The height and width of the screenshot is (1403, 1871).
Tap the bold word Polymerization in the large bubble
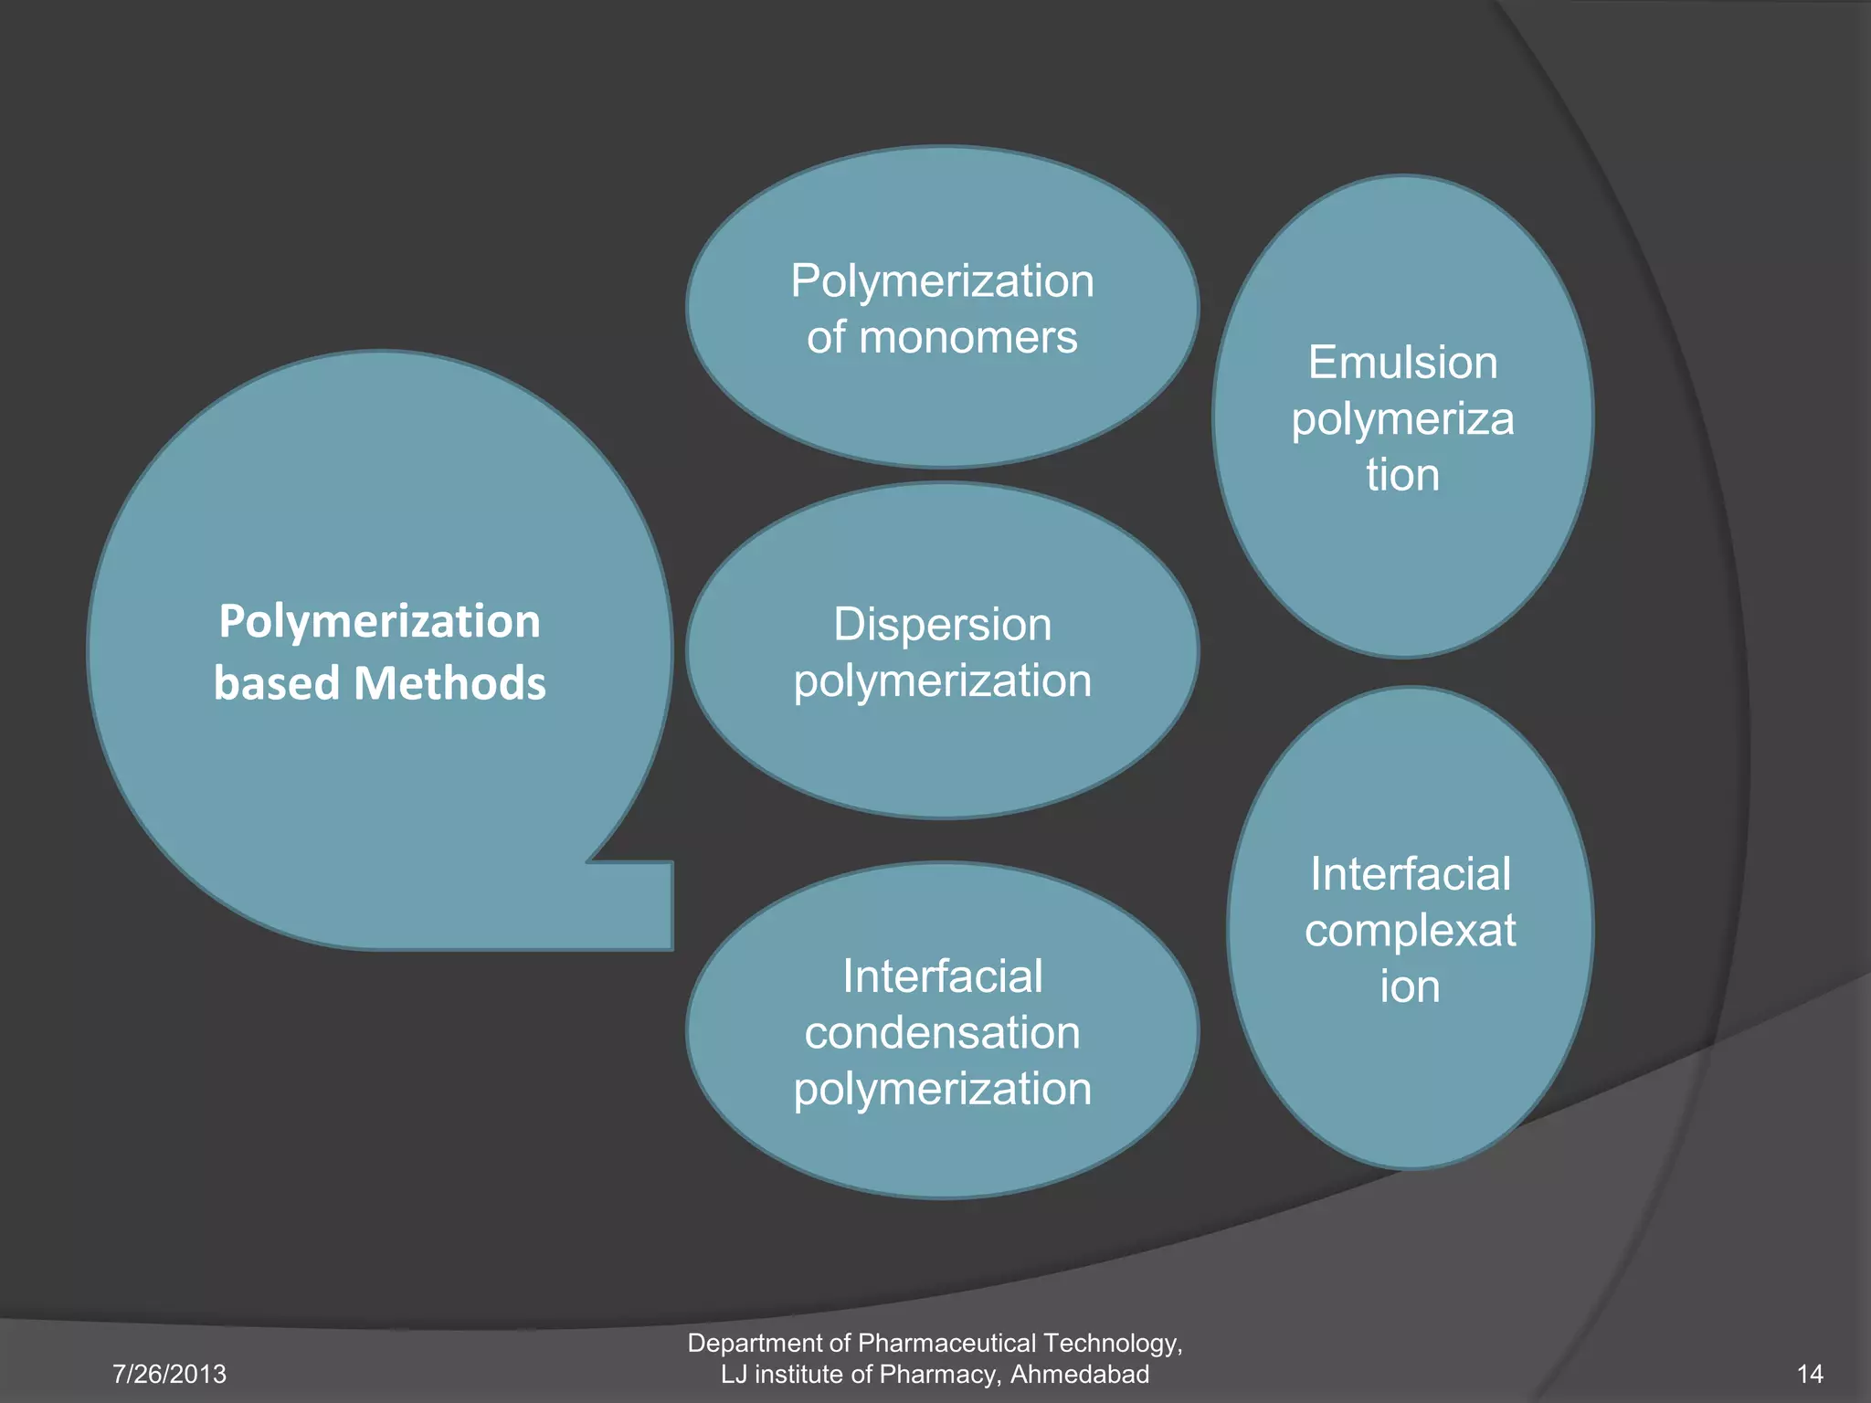coord(380,622)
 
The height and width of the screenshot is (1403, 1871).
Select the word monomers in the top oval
coord(968,338)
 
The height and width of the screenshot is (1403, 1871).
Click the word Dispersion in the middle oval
coord(942,626)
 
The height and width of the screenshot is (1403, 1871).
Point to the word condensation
coord(942,1033)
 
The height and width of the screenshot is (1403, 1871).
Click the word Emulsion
coord(1402,363)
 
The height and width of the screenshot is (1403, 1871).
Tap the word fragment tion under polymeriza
coord(1402,475)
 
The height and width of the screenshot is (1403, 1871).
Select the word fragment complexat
coord(1410,931)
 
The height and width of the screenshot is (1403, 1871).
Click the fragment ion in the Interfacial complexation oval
coord(1410,986)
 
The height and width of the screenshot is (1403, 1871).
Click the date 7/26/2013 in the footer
coord(169,1374)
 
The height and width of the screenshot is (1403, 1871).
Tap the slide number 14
coord(1810,1374)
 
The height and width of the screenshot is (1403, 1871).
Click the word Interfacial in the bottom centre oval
coord(942,976)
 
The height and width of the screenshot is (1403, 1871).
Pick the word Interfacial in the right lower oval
coord(1410,874)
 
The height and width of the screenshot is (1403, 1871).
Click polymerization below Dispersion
coord(942,681)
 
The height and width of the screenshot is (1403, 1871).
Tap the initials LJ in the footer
coord(734,1374)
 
